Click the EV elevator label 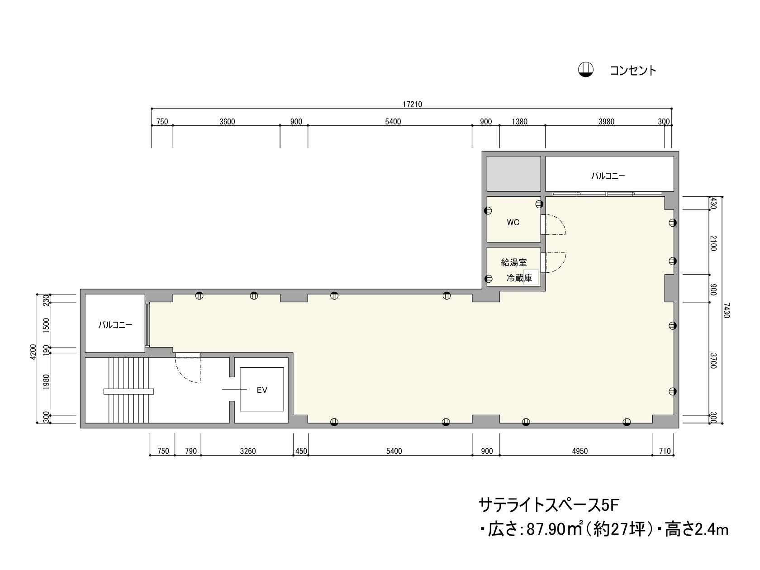point(262,390)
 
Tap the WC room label point(513,222)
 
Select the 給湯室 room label point(514,262)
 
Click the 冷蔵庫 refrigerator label point(519,278)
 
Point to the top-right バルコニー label point(608,176)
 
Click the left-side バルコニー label point(115,325)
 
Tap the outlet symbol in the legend point(586,70)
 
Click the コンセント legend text point(632,71)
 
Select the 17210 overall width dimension point(412,104)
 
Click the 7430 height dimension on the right point(726,310)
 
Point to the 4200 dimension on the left point(33,352)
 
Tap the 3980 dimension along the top point(606,122)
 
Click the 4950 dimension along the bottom point(579,451)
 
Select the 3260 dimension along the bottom point(248,451)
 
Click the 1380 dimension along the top point(519,122)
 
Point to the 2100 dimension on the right point(713,243)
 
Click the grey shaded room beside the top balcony point(513,174)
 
